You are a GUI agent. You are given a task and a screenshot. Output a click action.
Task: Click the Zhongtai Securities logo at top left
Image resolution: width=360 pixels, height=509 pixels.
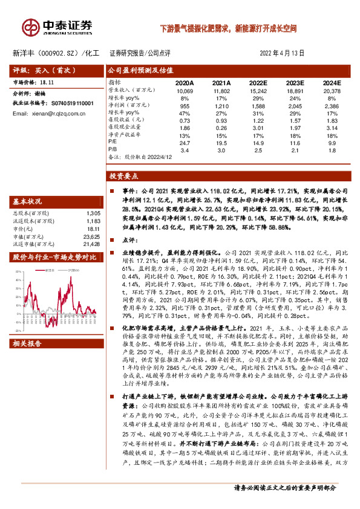click(58, 27)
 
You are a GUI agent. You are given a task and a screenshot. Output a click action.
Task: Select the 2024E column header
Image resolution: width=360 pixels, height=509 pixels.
click(331, 82)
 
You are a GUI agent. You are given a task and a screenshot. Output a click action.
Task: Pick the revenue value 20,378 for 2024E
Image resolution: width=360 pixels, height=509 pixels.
click(331, 90)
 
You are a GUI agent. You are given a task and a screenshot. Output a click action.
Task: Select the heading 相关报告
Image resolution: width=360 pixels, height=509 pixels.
click(27, 343)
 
